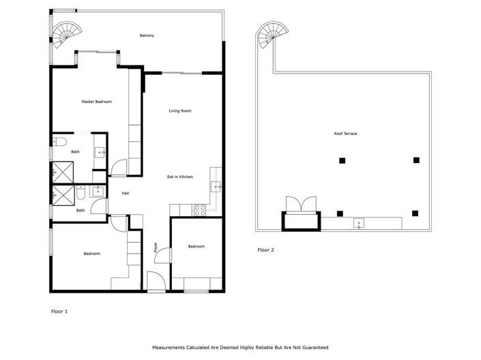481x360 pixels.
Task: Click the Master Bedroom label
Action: point(96,102)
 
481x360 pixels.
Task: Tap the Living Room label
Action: point(180,110)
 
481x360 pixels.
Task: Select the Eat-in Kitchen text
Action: point(180,177)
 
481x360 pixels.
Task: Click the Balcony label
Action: point(146,35)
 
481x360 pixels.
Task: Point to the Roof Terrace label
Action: point(345,134)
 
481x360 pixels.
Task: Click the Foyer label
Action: point(156,246)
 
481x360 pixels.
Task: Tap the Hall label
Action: point(126,193)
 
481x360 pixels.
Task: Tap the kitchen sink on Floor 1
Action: point(218,185)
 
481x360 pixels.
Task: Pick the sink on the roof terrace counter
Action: point(358,223)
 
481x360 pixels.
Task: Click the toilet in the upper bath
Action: point(59,142)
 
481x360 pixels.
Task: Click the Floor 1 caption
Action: point(59,311)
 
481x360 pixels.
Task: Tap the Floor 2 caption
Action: point(265,250)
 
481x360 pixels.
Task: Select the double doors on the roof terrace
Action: point(301,205)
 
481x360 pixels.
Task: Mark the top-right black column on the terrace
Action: point(416,160)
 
